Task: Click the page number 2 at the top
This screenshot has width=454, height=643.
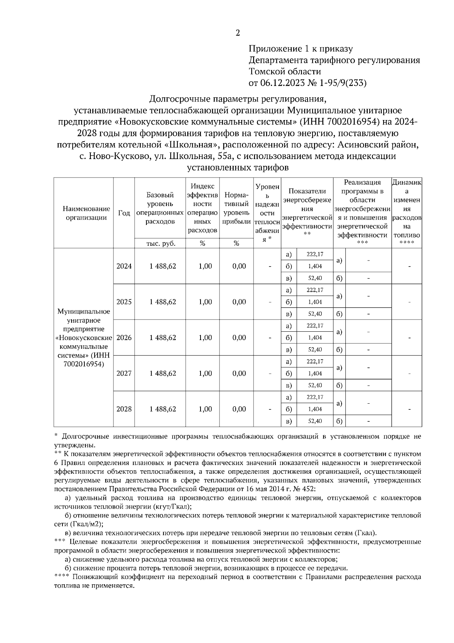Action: point(238,33)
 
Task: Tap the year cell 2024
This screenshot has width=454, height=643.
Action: point(124,266)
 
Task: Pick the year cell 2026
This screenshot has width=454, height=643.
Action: point(124,338)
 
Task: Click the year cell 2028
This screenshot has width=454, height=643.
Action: point(124,409)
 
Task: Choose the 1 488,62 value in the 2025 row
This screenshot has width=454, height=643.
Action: point(163,302)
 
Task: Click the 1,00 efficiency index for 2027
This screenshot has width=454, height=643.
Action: point(205,374)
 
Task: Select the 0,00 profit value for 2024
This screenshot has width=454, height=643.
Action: point(239,266)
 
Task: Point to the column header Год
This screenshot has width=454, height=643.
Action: point(124,213)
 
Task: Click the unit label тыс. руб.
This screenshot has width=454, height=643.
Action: point(161,244)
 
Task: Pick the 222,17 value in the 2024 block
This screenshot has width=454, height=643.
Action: point(315,254)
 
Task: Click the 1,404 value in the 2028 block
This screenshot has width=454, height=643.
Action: point(315,409)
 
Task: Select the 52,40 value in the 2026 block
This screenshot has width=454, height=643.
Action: point(315,350)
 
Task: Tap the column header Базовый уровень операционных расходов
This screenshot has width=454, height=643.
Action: point(160,208)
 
